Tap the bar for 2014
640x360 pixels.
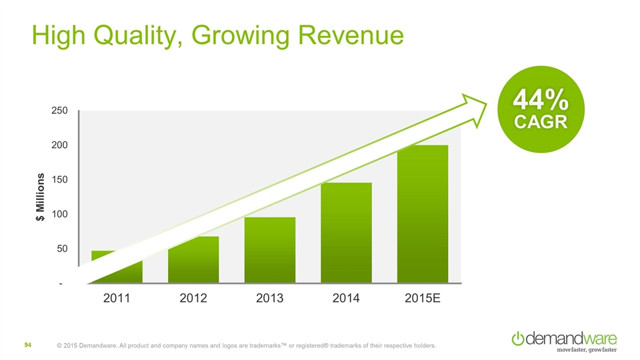click(x=346, y=233)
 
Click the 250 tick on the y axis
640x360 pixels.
click(x=59, y=110)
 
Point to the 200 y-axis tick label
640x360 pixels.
click(x=59, y=145)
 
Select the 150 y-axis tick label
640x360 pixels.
click(x=59, y=179)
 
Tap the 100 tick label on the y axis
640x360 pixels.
click(x=59, y=214)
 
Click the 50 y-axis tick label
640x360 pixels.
click(x=62, y=249)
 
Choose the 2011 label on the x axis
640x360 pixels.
click(x=117, y=298)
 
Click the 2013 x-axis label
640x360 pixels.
click(x=269, y=298)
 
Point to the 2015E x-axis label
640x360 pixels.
click(x=423, y=298)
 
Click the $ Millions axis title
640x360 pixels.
click(x=40, y=197)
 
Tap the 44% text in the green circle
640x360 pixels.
click(x=540, y=101)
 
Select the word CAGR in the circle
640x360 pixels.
click(x=540, y=122)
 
